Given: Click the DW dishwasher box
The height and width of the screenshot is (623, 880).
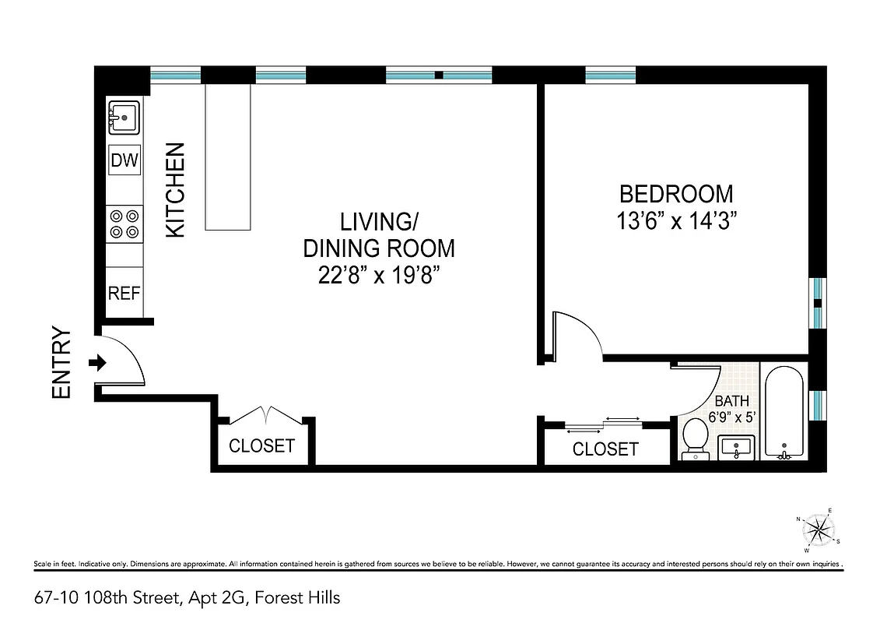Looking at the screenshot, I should (124, 161).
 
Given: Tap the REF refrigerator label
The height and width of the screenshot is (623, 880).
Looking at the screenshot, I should (124, 294).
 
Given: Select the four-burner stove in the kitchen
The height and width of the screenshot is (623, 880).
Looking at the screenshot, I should (124, 224).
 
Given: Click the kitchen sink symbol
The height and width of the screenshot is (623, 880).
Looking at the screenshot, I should (123, 118).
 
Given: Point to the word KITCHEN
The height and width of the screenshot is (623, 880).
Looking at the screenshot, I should (177, 190).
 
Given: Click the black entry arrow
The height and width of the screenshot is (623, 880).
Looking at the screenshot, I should (98, 363).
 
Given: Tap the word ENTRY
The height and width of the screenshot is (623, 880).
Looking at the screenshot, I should (61, 363).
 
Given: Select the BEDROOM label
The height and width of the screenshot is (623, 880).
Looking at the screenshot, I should (675, 193).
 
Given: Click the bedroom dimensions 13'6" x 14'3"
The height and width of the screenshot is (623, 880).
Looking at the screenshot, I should (675, 220).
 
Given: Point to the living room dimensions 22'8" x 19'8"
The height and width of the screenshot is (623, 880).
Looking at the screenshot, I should (378, 276).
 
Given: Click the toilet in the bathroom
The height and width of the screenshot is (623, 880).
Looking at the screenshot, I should (693, 441).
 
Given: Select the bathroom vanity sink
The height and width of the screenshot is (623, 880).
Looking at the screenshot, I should (736, 449).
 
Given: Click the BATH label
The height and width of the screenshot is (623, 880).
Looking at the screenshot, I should (732, 401).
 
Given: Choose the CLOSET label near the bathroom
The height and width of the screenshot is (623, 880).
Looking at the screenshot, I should (605, 449).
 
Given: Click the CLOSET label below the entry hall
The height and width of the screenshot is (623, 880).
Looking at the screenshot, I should (261, 445).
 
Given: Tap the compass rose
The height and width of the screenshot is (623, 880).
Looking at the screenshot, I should (817, 531).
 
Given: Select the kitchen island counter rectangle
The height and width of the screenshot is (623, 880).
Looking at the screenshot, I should (229, 157).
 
